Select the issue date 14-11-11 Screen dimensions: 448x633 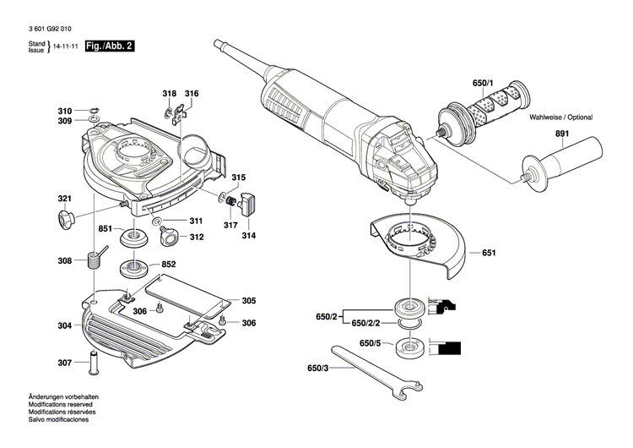click(x=67, y=47)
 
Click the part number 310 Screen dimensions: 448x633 click(x=65, y=112)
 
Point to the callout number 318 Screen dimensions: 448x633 click(x=169, y=93)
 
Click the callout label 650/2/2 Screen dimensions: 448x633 click(x=365, y=324)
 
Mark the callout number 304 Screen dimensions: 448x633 click(x=65, y=325)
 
